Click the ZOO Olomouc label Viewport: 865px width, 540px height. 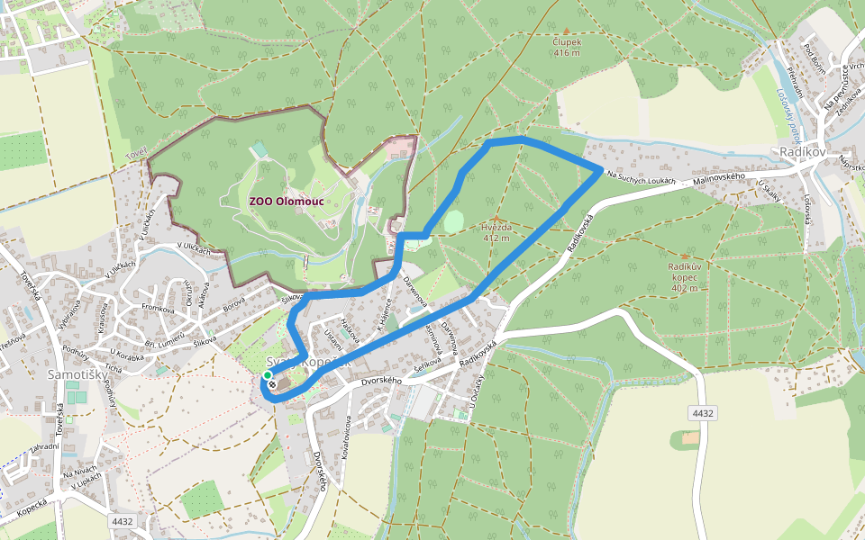pyautogui.click(x=286, y=202)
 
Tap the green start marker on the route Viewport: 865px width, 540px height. pyautogui.click(x=268, y=375)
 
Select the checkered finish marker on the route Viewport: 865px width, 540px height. pyautogui.click(x=272, y=383)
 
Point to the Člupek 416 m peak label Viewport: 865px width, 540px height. pyautogui.click(x=567, y=47)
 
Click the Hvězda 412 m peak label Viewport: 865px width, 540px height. pyautogui.click(x=496, y=233)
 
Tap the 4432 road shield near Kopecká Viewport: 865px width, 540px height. pyautogui.click(x=122, y=521)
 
